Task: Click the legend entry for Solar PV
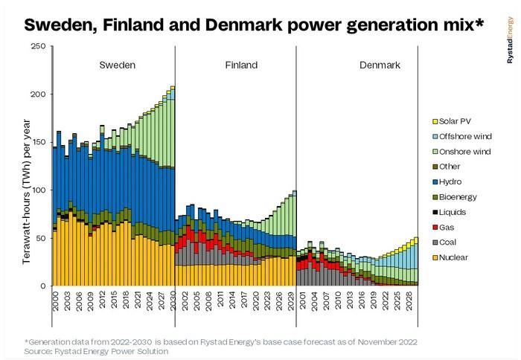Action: (x=455, y=121)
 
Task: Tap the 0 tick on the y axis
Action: (x=43, y=286)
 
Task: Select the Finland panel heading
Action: (x=241, y=65)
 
